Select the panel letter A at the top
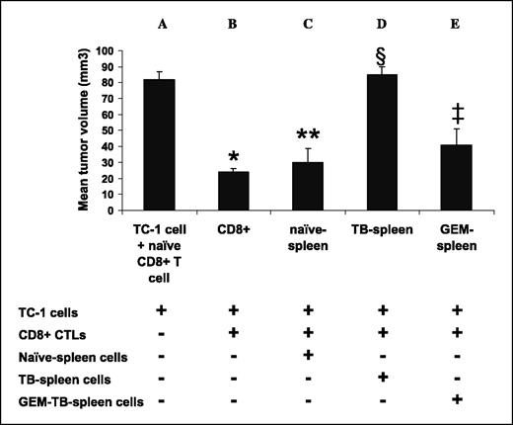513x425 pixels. (160, 21)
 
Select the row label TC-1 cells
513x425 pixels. (45, 309)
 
